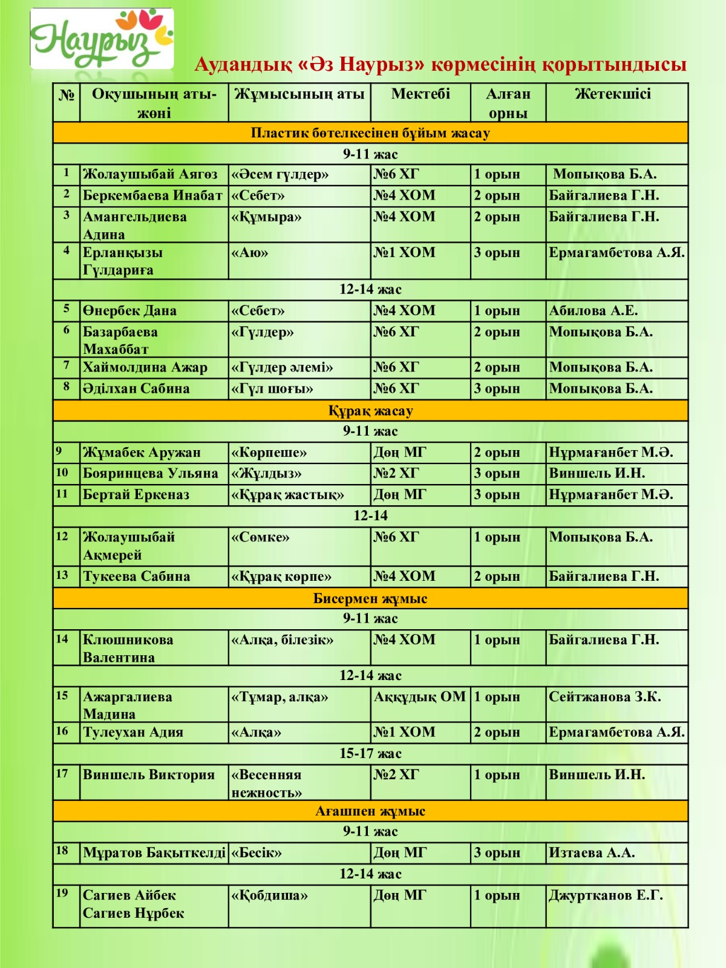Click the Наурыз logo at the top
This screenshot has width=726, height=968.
[102, 39]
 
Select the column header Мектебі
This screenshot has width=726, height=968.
[420, 94]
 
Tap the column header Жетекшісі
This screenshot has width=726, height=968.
[612, 94]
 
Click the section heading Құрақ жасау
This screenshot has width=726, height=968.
[370, 411]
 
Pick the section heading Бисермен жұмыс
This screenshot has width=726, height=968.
[370, 598]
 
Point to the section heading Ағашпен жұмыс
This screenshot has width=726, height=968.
[370, 811]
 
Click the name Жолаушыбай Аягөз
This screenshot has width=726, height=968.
[150, 174]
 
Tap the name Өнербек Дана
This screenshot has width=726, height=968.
[129, 311]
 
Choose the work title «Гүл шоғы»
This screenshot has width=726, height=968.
[272, 388]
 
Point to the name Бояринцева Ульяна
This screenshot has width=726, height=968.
[150, 473]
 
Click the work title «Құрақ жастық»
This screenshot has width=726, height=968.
[287, 495]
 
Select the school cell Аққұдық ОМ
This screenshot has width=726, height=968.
[420, 697]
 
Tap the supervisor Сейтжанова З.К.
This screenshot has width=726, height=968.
[604, 697]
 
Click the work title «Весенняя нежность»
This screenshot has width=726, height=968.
[266, 783]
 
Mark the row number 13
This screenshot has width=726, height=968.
[62, 575]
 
